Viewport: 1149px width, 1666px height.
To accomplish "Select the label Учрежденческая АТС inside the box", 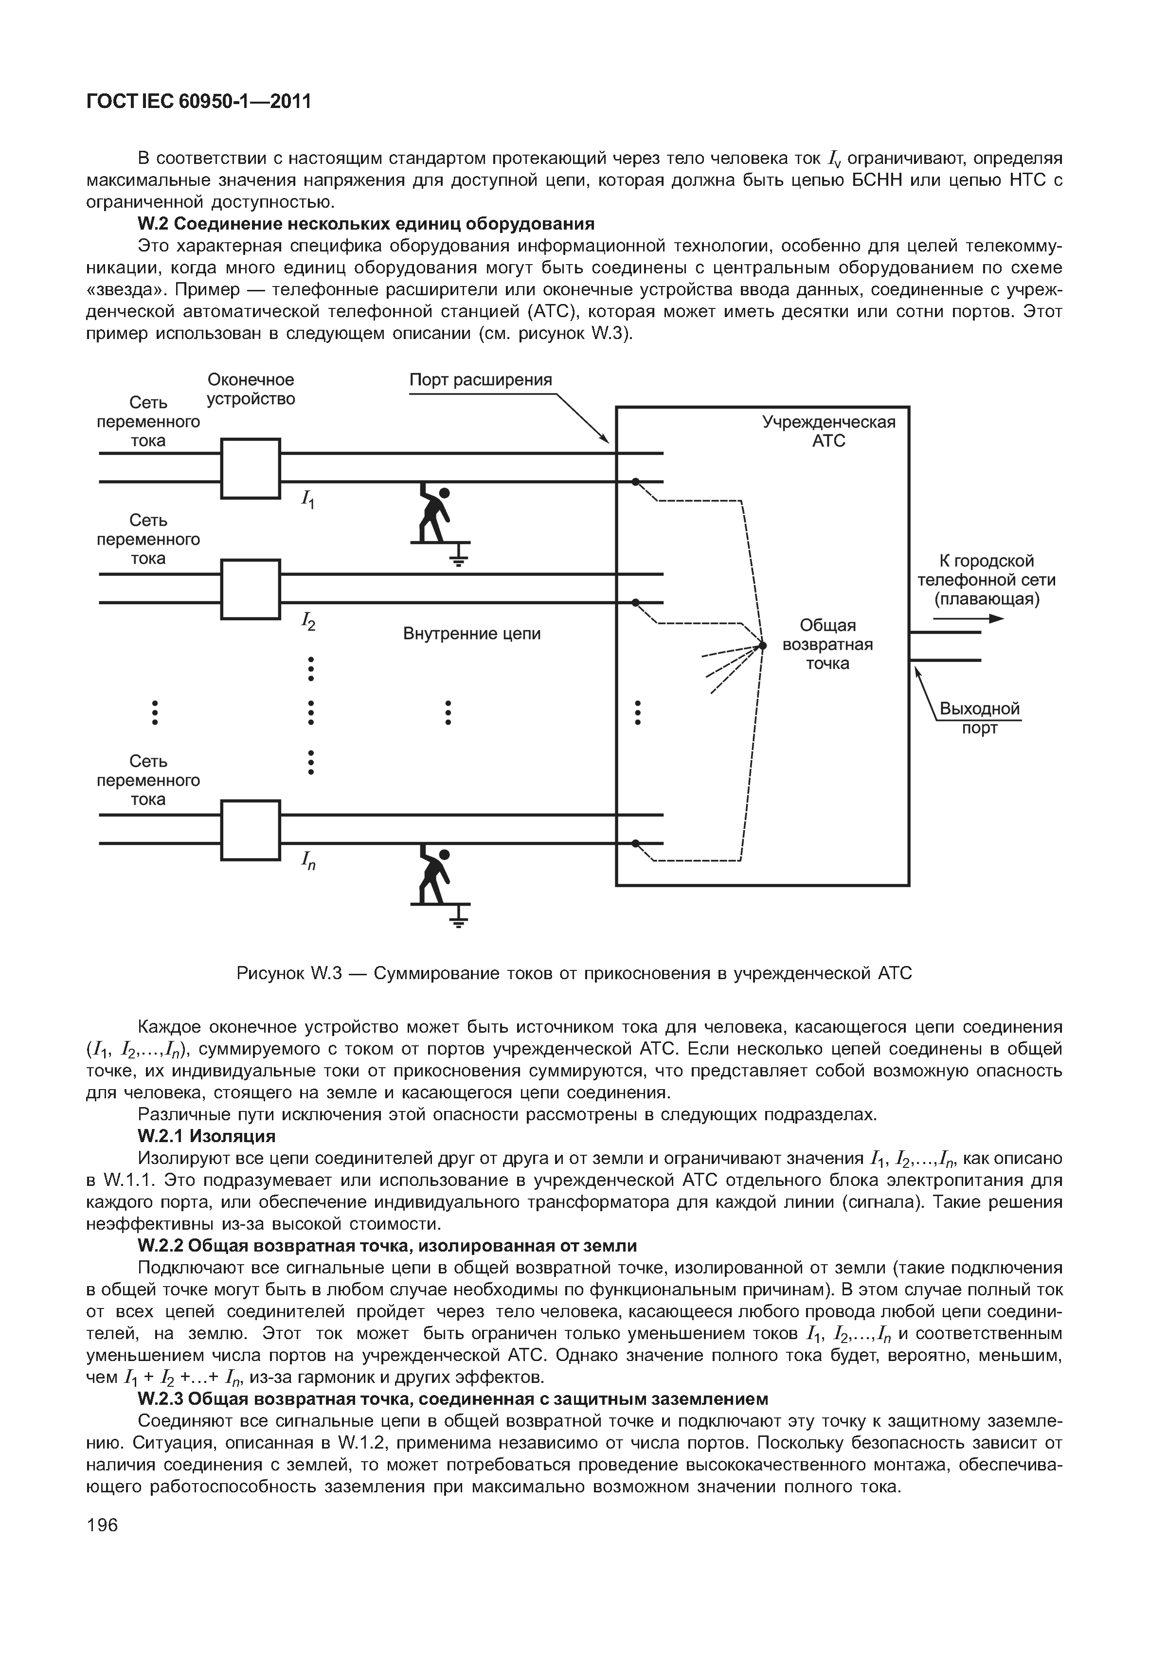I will click(828, 431).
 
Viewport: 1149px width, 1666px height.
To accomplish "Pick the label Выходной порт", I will click(980, 718).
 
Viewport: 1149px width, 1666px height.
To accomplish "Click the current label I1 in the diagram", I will click(307, 498).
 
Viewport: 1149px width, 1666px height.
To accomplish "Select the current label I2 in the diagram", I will click(308, 621).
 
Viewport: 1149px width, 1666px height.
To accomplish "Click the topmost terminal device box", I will click(251, 468).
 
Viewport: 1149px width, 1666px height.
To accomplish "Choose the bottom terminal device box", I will click(251, 830).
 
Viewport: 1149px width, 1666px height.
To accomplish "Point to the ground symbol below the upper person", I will click(459, 556).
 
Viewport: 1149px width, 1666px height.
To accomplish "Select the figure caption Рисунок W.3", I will click(574, 973).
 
